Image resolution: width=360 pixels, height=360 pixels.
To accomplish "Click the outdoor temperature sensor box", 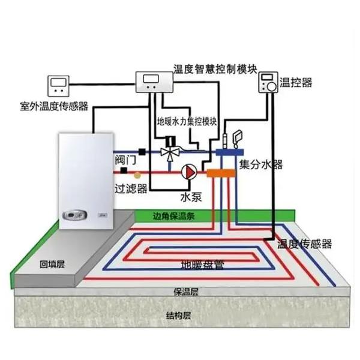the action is pyautogui.click(x=58, y=86).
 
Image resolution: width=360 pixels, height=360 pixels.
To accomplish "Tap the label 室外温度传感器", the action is pyautogui.click(x=54, y=106).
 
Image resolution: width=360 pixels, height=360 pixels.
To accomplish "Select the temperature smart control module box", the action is pyautogui.click(x=154, y=82).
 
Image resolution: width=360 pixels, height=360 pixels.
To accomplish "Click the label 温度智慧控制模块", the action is pyautogui.click(x=215, y=68).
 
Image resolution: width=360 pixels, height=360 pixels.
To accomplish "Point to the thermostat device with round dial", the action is pyautogui.click(x=268, y=82).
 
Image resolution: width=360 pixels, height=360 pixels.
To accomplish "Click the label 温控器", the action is pyautogui.click(x=296, y=82).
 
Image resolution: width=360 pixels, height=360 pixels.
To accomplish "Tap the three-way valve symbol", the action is pyautogui.click(x=170, y=152).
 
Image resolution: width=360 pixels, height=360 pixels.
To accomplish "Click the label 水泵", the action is pyautogui.click(x=191, y=197).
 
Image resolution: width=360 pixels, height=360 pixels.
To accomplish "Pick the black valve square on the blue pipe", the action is pyautogui.click(x=142, y=152).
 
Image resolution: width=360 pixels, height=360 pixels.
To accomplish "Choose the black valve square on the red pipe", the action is pyautogui.click(x=124, y=170).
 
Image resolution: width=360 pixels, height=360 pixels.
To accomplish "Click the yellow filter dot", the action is pyautogui.click(x=137, y=175).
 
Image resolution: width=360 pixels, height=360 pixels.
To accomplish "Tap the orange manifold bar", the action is pyautogui.click(x=221, y=173).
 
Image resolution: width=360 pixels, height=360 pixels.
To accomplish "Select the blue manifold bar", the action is pyautogui.click(x=230, y=152).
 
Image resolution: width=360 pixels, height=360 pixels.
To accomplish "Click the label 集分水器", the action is pyautogui.click(x=261, y=164).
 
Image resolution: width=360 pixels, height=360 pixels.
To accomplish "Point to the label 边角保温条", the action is pyautogui.click(x=174, y=216).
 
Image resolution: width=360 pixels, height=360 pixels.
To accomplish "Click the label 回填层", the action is pyautogui.click(x=52, y=264).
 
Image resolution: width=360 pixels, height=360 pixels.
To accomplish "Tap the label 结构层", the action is pyautogui.click(x=179, y=316).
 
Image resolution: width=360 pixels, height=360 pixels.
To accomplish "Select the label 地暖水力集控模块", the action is pyautogui.click(x=187, y=121).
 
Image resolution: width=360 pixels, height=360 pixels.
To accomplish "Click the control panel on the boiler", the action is pyautogui.click(x=75, y=215).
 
